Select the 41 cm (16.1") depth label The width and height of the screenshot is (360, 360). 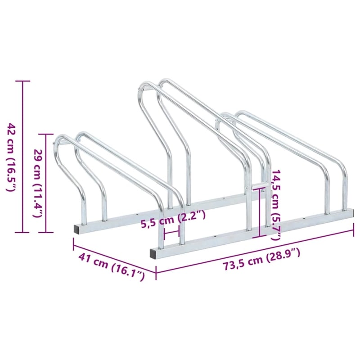112,266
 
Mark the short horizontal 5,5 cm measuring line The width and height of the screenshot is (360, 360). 172,233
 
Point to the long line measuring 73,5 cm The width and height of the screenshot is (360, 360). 255,251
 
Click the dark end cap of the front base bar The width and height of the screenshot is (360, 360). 154,253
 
